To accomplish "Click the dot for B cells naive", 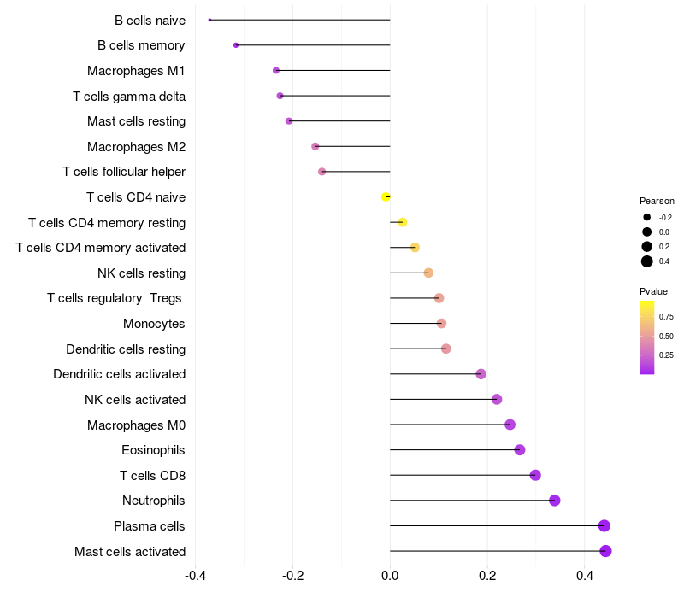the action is point(209,20).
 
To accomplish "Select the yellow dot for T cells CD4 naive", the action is point(386,197).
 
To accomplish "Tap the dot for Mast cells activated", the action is point(605,551).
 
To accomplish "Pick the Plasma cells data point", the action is point(604,525).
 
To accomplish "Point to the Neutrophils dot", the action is point(554,501).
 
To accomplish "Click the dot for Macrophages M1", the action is point(276,71).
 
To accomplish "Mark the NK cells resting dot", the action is point(428,273).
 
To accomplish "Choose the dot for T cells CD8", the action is point(535,475).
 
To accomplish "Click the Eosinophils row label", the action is point(153,450).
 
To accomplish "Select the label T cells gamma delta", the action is point(129,97).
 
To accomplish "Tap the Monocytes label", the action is point(154,324).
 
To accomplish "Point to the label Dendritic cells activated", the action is point(120,374).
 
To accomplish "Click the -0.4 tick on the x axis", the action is point(195,576).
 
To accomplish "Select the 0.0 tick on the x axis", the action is point(390,576).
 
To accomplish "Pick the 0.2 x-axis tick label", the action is point(487,576).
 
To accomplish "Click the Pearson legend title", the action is point(657,201).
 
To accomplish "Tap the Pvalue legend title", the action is point(653,291).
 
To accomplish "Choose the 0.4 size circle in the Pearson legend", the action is point(647,261).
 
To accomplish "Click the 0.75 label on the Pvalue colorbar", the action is point(666,317).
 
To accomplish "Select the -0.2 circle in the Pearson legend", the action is point(647,217).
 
